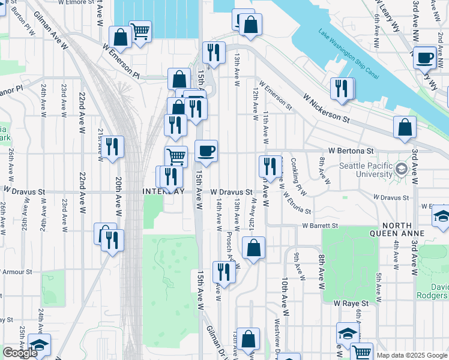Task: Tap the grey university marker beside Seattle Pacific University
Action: [x=401, y=169]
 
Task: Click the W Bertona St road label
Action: [x=351, y=151]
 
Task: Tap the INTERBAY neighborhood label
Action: [x=163, y=191]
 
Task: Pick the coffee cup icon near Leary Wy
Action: [x=425, y=58]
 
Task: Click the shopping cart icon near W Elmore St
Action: [x=140, y=31]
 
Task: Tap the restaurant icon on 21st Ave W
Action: [x=112, y=146]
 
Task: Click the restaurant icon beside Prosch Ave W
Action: [x=224, y=271]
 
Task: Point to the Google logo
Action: [x=20, y=353]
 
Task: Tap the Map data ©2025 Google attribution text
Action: [x=412, y=355]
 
